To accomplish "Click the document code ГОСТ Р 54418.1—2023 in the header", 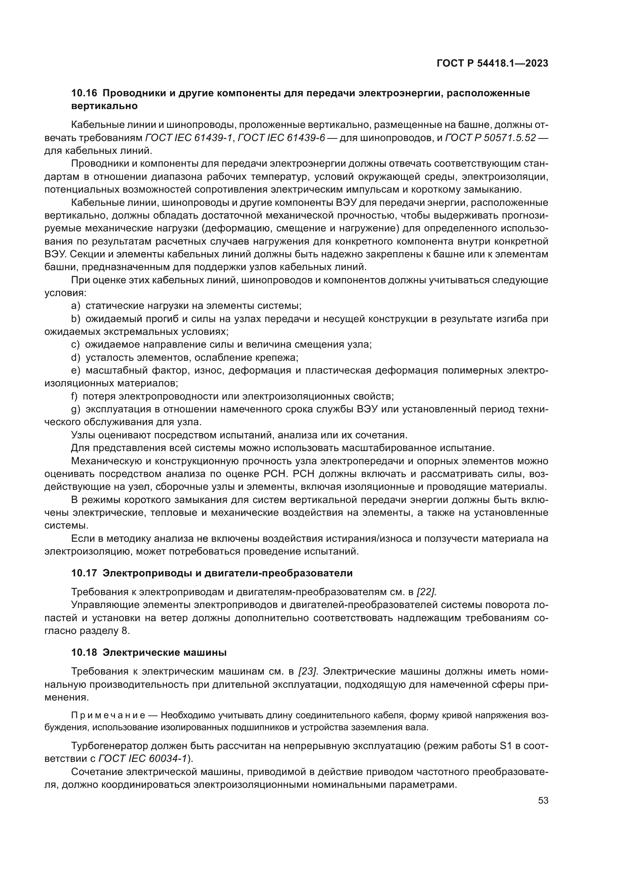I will [x=492, y=64].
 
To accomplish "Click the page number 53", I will [x=543, y=801].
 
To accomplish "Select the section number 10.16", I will [x=84, y=93].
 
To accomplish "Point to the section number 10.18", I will [x=84, y=652].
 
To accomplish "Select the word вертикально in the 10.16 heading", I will [x=104, y=106].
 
